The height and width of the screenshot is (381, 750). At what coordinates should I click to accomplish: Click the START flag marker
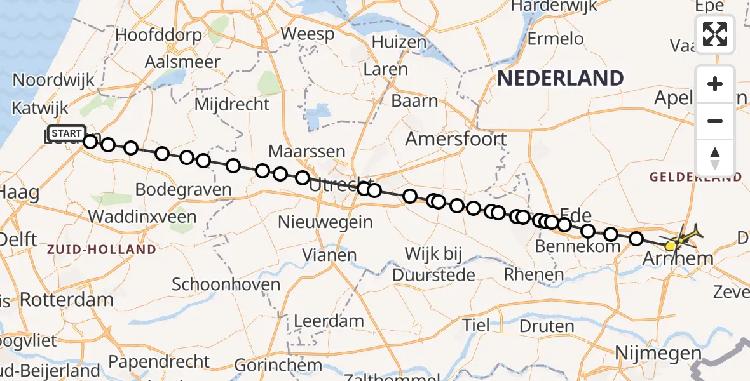[65, 133]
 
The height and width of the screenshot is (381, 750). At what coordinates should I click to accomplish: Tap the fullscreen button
[715, 34]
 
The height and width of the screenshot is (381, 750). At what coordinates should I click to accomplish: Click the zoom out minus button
[715, 121]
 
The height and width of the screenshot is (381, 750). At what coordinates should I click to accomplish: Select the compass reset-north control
[715, 157]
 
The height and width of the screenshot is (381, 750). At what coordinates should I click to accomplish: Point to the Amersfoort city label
[456, 139]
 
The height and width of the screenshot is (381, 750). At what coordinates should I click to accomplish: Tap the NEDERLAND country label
[560, 79]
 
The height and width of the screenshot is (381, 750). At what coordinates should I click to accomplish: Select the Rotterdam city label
[67, 299]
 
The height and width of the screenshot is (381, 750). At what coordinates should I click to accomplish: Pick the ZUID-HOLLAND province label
[101, 250]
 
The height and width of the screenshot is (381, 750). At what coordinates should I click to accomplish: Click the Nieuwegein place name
[325, 222]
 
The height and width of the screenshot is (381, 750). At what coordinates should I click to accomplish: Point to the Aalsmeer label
[182, 62]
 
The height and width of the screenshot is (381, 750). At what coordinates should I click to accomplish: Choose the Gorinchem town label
[278, 365]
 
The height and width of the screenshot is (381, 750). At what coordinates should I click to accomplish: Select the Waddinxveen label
[142, 216]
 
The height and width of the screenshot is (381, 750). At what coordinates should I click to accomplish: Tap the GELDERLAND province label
[695, 177]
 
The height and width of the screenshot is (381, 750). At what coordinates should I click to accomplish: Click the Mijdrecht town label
[232, 104]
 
